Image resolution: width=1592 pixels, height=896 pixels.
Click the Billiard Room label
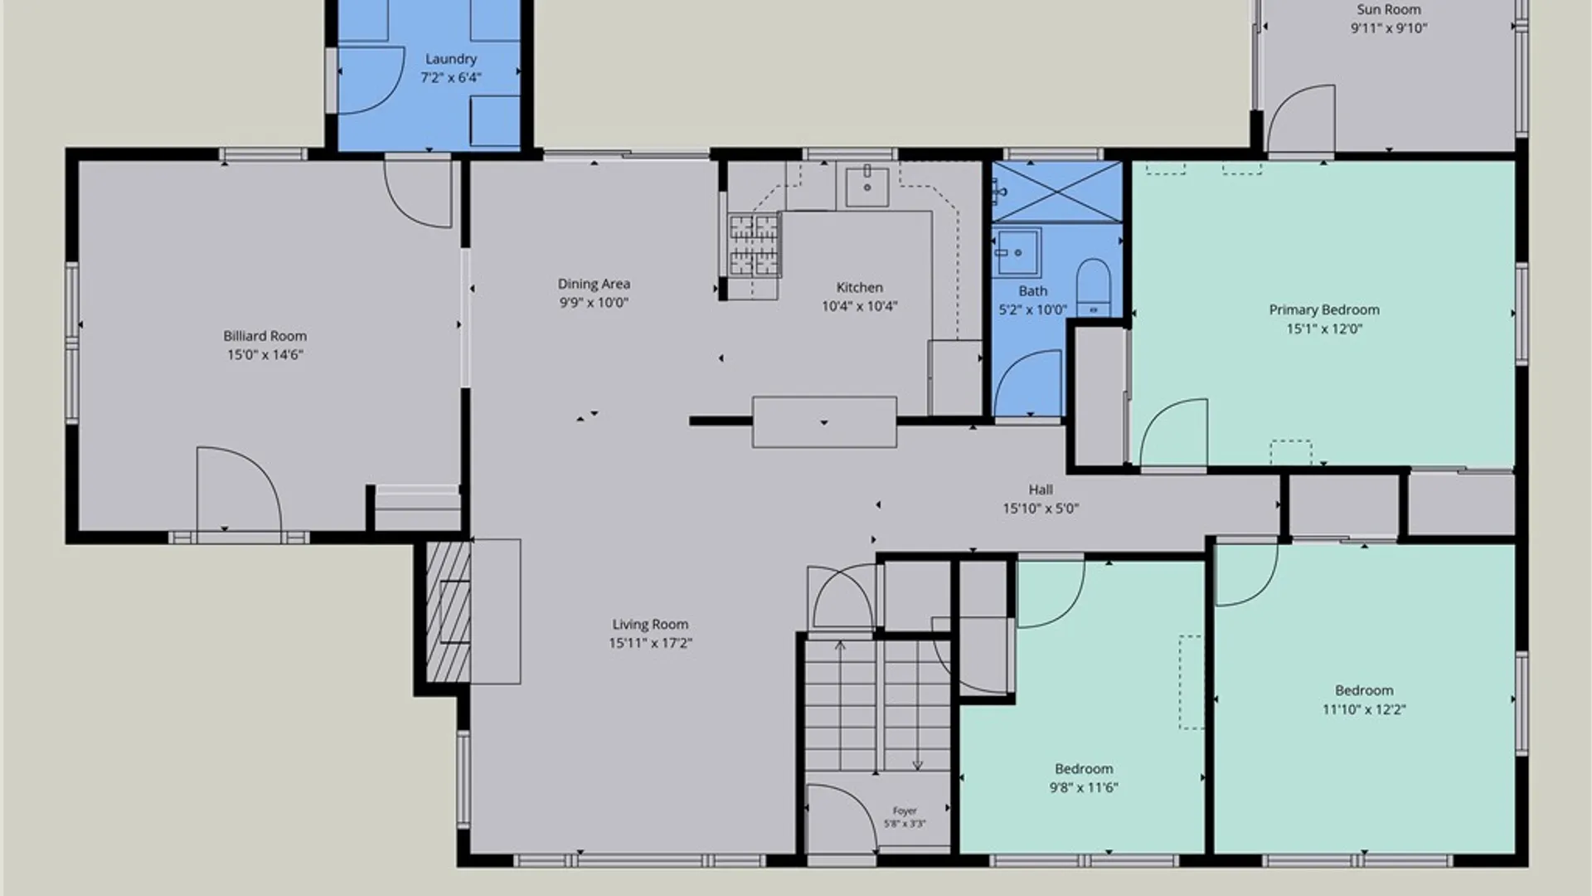[265, 336]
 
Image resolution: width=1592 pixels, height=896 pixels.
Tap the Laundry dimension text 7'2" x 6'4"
[451, 78]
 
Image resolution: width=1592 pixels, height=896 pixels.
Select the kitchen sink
[867, 187]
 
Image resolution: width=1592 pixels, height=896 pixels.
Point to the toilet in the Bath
[1093, 287]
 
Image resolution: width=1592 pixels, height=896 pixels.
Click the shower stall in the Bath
[1057, 192]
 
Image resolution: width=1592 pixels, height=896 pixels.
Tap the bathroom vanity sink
[1017, 251]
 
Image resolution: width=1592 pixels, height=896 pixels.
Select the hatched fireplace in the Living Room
[449, 611]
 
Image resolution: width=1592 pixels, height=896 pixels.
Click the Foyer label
[905, 811]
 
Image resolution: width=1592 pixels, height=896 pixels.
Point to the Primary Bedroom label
[1324, 310]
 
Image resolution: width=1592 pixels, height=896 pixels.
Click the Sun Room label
[1389, 10]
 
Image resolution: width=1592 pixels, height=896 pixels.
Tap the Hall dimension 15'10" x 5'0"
[1041, 509]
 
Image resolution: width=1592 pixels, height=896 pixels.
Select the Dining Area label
[594, 284]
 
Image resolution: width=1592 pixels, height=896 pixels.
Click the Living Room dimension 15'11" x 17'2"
[650, 643]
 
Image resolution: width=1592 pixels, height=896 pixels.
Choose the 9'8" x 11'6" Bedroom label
[1084, 769]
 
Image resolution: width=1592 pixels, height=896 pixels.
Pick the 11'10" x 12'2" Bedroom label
[1364, 690]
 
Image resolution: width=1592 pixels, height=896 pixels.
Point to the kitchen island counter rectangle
[824, 422]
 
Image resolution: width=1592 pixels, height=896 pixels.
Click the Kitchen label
[859, 288]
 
